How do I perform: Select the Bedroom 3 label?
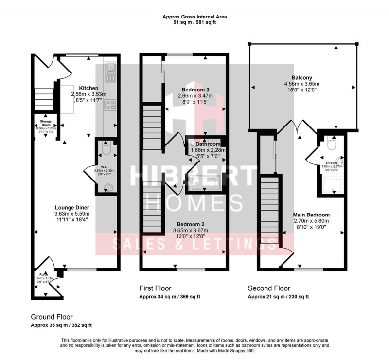tap(195, 90)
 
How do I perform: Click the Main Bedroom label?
tap(311, 215)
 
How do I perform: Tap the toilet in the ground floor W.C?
tap(106, 149)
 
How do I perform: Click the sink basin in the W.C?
tap(107, 186)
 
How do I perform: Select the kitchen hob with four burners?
tap(110, 104)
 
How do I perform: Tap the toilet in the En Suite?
tap(331, 145)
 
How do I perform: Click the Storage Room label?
tap(46, 123)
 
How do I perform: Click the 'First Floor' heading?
tap(155, 288)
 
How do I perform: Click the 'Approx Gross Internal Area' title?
tap(194, 17)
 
